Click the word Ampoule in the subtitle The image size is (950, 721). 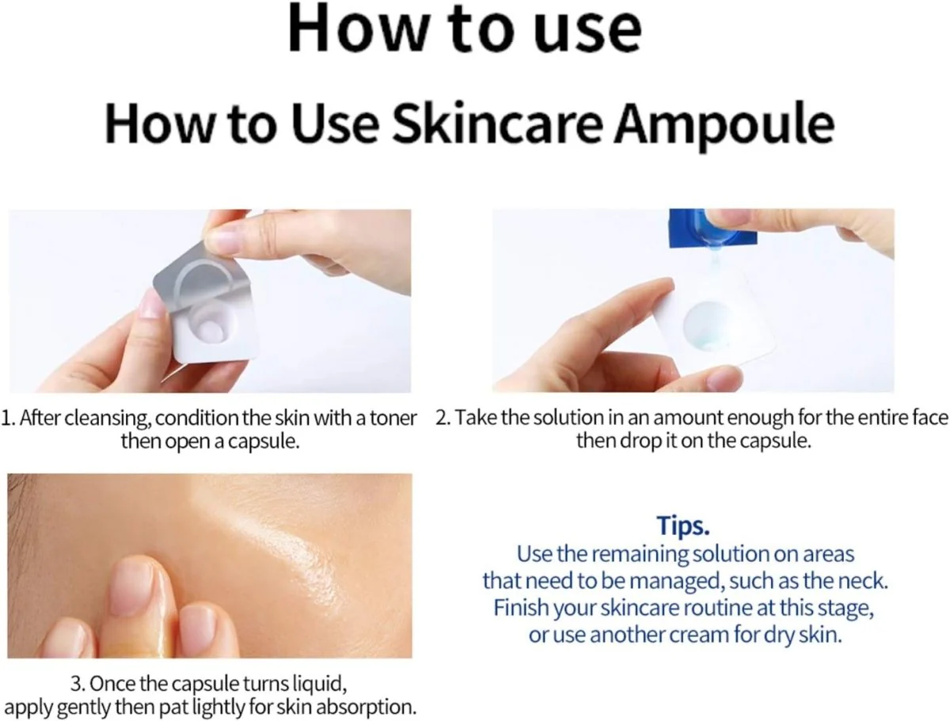point(724,124)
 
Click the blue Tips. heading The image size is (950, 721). point(683,526)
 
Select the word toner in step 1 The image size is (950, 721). point(393,418)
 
